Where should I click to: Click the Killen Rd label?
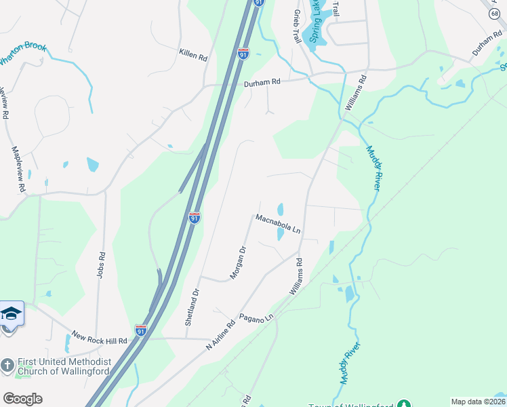tap(193, 55)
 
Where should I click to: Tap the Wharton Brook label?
tap(22, 54)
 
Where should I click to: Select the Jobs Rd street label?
tap(102, 265)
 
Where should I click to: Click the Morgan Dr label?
tap(238, 261)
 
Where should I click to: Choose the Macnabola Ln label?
tap(278, 223)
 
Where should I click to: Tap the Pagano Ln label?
tap(256, 317)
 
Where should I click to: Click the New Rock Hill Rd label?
tap(99, 338)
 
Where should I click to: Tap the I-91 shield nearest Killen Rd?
tap(243, 54)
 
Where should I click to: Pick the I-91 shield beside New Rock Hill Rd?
tap(140, 330)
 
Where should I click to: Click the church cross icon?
tap(7, 365)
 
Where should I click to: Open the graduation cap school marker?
tap(11, 314)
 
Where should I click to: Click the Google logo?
tap(22, 399)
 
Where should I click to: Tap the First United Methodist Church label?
tap(55, 370)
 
